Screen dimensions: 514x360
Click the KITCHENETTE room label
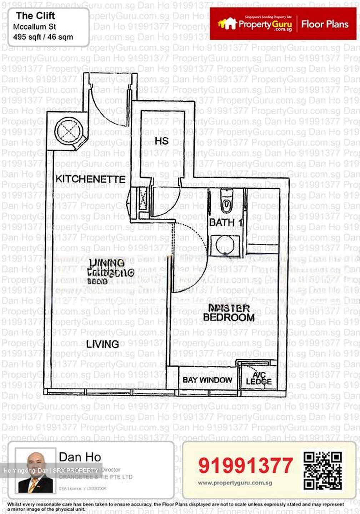point(90,179)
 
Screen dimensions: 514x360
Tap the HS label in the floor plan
point(161,141)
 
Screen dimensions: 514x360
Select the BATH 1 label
point(226,223)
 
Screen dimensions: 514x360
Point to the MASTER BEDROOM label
point(229,313)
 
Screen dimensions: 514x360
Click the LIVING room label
point(102,344)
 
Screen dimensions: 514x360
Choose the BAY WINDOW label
point(207,380)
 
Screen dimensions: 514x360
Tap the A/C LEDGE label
point(259,379)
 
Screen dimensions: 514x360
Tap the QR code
point(322,470)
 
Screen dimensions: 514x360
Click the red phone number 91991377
point(246,465)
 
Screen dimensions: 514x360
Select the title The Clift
point(35,16)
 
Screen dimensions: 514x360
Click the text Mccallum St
point(35,27)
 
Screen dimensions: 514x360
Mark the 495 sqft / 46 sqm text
point(43,37)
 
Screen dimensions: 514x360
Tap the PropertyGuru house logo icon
point(227,24)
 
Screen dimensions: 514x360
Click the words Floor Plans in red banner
point(325,24)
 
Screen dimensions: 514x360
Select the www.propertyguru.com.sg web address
point(235,483)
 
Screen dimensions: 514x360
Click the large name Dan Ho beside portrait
point(80,457)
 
